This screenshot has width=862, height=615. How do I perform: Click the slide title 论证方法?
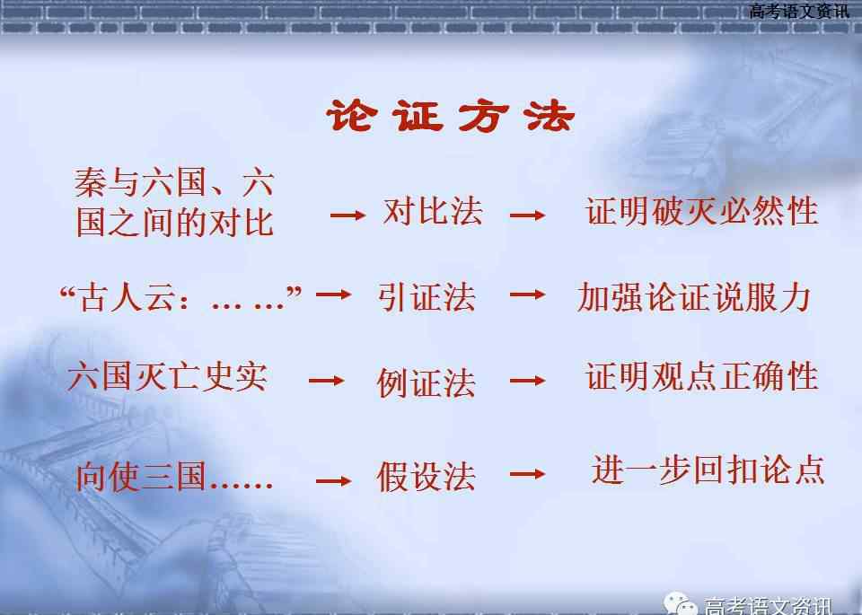coord(450,116)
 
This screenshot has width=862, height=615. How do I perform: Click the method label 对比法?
coord(433,212)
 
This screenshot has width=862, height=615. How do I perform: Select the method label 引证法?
coord(427,297)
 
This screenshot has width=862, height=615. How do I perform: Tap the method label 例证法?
coord(427,382)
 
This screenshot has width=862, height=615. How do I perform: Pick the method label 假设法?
coord(426,476)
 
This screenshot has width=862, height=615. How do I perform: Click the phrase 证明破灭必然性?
coord(702,212)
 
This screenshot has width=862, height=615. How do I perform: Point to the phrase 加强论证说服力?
coord(694,297)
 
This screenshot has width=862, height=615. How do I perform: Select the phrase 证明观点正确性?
coord(702,376)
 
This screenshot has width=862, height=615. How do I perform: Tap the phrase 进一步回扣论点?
coord(708,470)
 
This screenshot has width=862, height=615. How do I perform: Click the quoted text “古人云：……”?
coord(180,297)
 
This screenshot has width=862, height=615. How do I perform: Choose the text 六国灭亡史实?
coord(168,376)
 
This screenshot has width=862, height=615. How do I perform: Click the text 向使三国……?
coord(174,476)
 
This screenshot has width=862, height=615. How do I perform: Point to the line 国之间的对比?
coord(175,222)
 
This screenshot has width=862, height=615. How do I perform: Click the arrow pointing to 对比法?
coord(348,215)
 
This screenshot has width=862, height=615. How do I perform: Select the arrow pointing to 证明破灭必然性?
coord(528,215)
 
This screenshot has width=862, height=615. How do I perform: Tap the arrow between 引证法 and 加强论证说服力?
coord(528,294)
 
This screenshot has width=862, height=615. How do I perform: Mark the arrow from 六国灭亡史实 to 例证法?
coord(327,381)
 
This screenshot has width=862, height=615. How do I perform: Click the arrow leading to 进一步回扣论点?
coord(528,474)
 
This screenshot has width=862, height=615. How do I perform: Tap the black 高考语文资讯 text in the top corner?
coord(799,11)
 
